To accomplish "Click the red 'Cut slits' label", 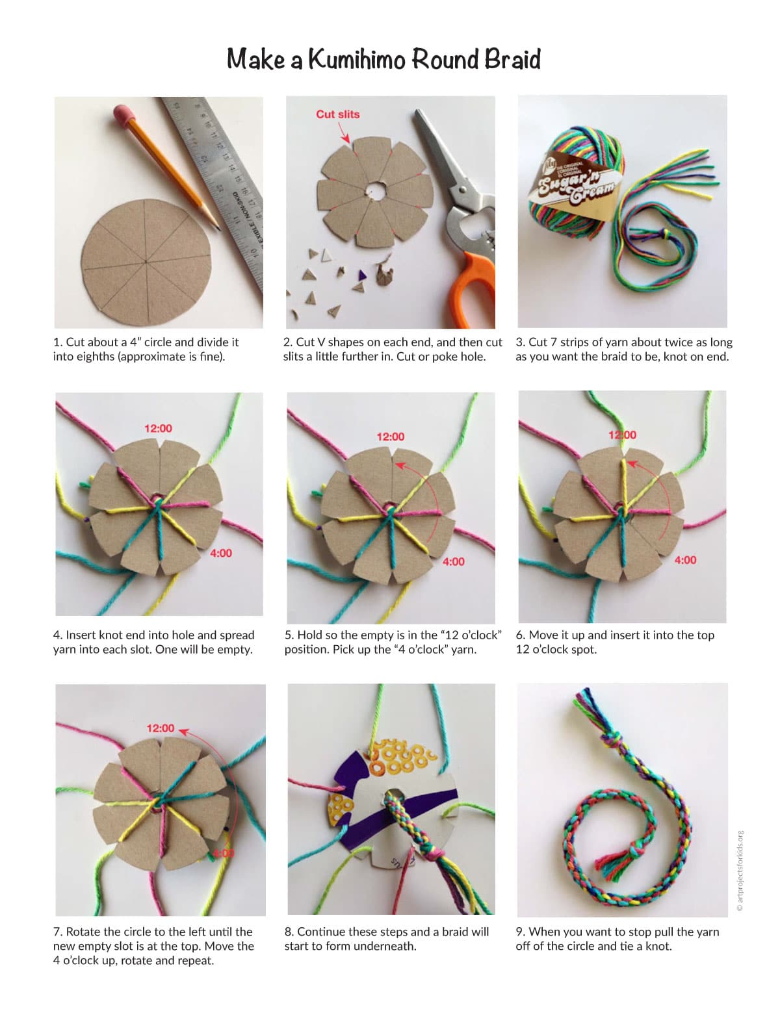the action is coord(338,114).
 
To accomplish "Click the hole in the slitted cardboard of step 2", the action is coord(374,190).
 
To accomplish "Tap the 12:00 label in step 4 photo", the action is coord(158,428).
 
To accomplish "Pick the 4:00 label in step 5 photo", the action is coord(453,562).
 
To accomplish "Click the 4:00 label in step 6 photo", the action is coord(685,560).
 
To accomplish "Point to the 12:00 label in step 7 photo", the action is coord(161,728).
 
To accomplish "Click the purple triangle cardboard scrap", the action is coord(362,275).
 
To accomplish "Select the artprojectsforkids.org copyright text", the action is coord(740,871).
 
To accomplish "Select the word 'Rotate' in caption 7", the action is coord(83,932).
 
